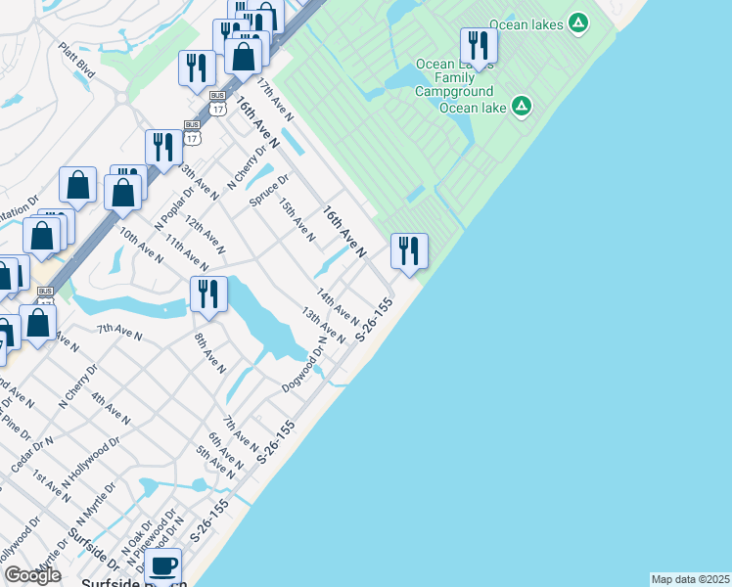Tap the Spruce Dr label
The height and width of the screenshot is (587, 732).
coord(269,191)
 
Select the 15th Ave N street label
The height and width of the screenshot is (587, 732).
coord(297,220)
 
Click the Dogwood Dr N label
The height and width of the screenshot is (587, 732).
coord(303,365)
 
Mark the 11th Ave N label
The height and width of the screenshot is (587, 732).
coord(187,252)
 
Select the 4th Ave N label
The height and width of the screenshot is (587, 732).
coord(111,408)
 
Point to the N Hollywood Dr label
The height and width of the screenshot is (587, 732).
coord(90,465)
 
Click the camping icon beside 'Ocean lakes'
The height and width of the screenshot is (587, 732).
coord(578,22)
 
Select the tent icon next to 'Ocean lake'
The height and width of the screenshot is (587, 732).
coord(522,106)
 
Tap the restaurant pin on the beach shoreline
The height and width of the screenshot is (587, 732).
coord(409,251)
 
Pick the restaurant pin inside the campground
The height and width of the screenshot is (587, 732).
coord(479,44)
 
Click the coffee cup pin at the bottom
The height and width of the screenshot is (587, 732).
coord(165,565)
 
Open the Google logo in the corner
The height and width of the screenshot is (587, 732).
coord(32,576)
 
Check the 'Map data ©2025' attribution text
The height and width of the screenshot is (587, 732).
coord(690,579)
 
